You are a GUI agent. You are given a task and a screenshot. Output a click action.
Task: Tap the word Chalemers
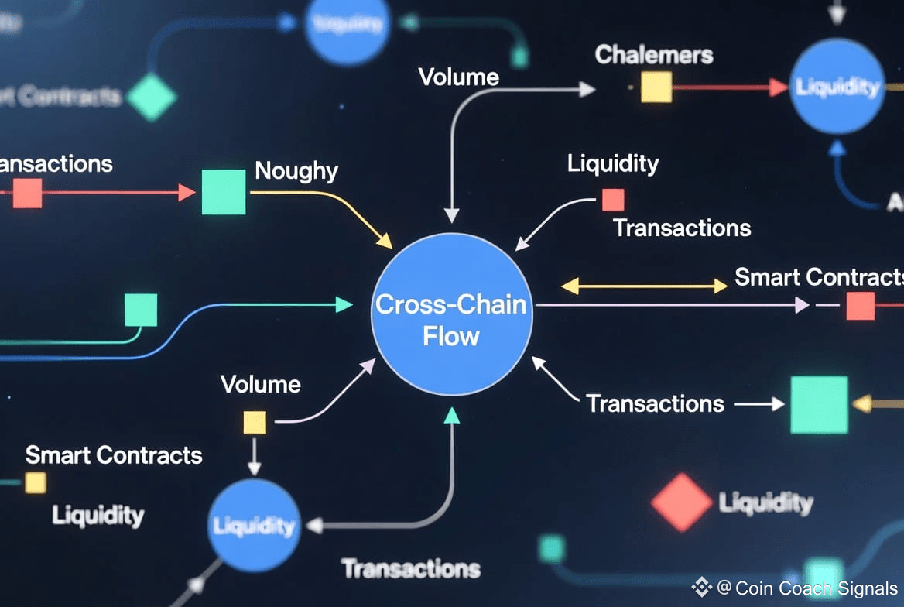654,56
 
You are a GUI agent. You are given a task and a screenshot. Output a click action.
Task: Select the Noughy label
296,170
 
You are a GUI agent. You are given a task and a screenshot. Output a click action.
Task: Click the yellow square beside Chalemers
656,87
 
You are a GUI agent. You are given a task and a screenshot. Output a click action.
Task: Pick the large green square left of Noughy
224,192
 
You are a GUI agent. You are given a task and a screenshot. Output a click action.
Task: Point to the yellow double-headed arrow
643,286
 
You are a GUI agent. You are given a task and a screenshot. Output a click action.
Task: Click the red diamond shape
681,502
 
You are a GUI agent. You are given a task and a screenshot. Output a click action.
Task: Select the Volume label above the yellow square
260,384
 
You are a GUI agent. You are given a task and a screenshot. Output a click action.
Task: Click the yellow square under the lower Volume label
255,422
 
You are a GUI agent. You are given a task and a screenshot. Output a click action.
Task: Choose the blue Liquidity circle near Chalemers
837,87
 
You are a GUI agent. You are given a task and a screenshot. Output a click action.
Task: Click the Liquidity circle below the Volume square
254,526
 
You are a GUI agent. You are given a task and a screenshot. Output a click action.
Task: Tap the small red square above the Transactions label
613,200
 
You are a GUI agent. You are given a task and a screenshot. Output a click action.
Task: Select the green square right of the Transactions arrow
819,404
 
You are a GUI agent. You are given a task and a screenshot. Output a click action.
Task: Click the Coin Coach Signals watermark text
807,588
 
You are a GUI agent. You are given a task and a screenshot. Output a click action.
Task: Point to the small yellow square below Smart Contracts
36,483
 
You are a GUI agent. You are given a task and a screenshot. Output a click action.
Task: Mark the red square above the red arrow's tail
27,194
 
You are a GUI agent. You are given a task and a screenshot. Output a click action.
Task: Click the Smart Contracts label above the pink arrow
819,277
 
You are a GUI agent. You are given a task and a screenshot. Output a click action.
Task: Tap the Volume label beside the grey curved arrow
458,77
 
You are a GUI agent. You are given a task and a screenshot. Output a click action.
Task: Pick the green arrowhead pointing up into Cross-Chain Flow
452,416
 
